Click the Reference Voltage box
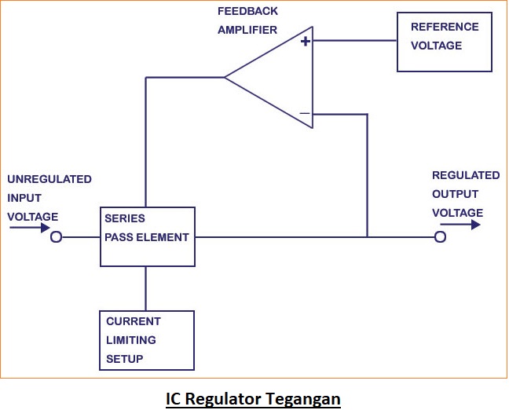(x=444, y=42)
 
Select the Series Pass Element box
(x=147, y=236)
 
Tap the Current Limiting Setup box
(x=147, y=340)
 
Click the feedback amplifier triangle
(x=275, y=77)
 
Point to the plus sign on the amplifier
(x=305, y=42)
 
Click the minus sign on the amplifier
(x=305, y=114)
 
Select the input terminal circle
(x=56, y=237)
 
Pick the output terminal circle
(x=440, y=237)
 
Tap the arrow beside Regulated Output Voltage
(x=466, y=225)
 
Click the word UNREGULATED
(x=49, y=179)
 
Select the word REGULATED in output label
(x=466, y=175)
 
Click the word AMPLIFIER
(x=247, y=30)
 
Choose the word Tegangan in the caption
(x=305, y=399)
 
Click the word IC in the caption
(x=174, y=399)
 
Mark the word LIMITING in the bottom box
(x=131, y=340)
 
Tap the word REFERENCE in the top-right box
(x=445, y=27)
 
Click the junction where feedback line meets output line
(x=367, y=236)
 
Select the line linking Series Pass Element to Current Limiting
(x=146, y=288)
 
